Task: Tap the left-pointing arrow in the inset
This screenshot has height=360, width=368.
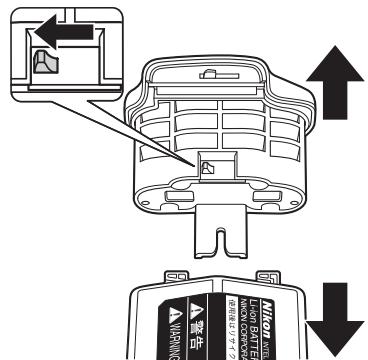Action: tap(59, 37)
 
